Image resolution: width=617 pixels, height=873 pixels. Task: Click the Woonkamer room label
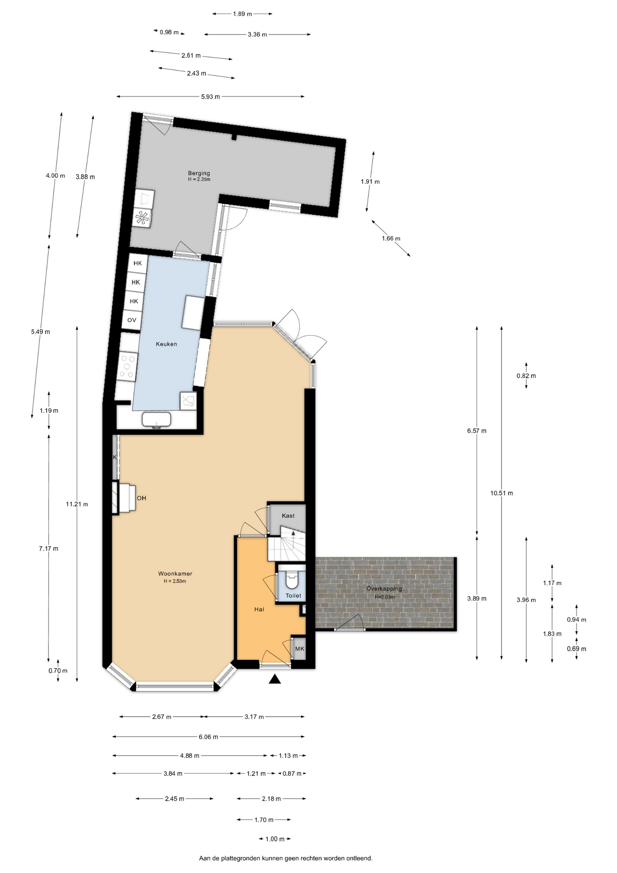(175, 573)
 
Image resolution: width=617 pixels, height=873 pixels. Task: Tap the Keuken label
(166, 344)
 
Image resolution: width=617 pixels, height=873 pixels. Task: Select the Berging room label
(199, 173)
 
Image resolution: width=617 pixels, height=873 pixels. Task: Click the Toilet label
(294, 595)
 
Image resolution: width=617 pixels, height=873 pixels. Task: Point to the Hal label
(259, 609)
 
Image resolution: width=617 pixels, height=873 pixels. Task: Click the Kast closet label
(288, 516)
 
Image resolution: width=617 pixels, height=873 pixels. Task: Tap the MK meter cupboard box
(299, 649)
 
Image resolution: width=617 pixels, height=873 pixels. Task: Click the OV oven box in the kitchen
(132, 320)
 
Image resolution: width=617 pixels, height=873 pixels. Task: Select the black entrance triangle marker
(274, 679)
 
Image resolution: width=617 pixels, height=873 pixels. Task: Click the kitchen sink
(156, 420)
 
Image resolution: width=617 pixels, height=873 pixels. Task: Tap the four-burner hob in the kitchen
(128, 366)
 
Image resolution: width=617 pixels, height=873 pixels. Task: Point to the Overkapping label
(384, 589)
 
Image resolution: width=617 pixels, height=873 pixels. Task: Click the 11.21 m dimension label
(77, 504)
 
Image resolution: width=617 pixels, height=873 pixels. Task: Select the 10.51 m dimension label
(502, 493)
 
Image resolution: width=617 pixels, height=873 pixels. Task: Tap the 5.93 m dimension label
(210, 96)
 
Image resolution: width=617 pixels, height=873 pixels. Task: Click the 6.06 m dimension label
(209, 737)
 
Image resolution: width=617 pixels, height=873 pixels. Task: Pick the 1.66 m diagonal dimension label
(391, 238)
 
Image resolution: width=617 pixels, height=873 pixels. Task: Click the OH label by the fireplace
(142, 498)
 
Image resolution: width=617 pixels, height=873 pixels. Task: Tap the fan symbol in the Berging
(142, 218)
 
